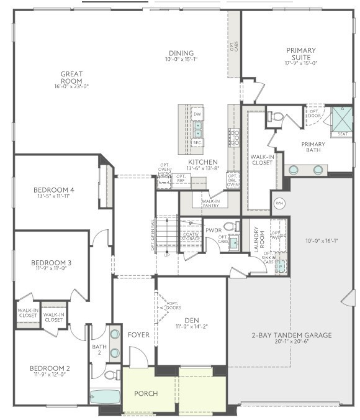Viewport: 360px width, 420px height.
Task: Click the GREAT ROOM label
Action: tap(71, 78)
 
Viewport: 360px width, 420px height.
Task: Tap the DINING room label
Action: tap(181, 53)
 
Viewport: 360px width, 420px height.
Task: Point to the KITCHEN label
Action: tap(203, 162)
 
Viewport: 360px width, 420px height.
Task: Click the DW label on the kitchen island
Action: tap(197, 114)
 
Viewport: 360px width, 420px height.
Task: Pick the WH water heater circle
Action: tap(279, 203)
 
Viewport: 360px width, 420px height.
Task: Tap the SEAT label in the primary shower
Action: tap(343, 134)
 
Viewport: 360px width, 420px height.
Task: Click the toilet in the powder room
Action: tap(230, 226)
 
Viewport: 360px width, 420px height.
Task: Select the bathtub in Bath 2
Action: tap(104, 396)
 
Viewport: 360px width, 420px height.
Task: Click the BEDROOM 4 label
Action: tap(55, 189)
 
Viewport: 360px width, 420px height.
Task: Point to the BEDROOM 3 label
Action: tap(51, 263)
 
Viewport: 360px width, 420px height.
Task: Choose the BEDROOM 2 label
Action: tap(50, 368)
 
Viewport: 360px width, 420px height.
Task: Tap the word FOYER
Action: tap(138, 335)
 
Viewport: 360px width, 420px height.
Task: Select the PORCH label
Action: tap(146, 393)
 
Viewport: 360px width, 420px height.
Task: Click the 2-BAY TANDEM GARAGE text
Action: tap(292, 336)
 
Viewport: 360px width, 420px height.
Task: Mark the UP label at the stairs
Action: tap(167, 255)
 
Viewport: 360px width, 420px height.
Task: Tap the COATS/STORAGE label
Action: tap(191, 235)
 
